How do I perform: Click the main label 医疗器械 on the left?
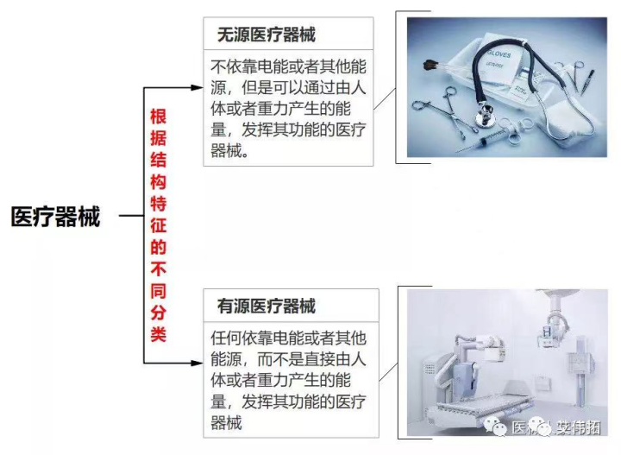[x=56, y=216]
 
